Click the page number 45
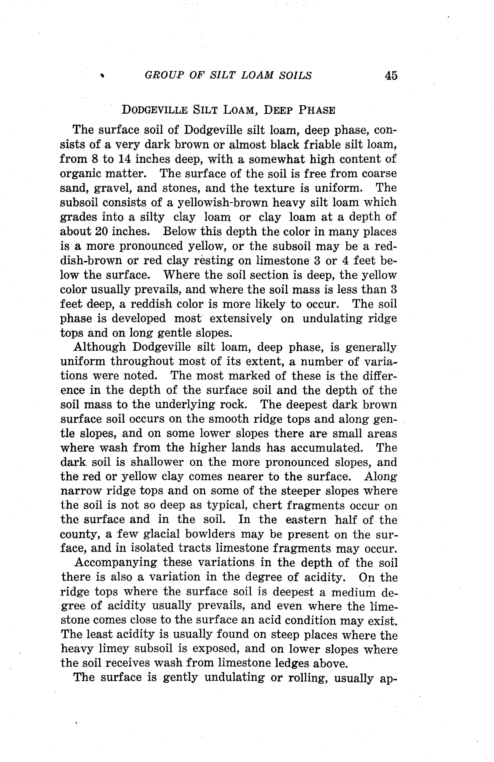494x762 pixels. click(x=391, y=76)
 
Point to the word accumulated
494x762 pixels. click(x=327, y=448)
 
